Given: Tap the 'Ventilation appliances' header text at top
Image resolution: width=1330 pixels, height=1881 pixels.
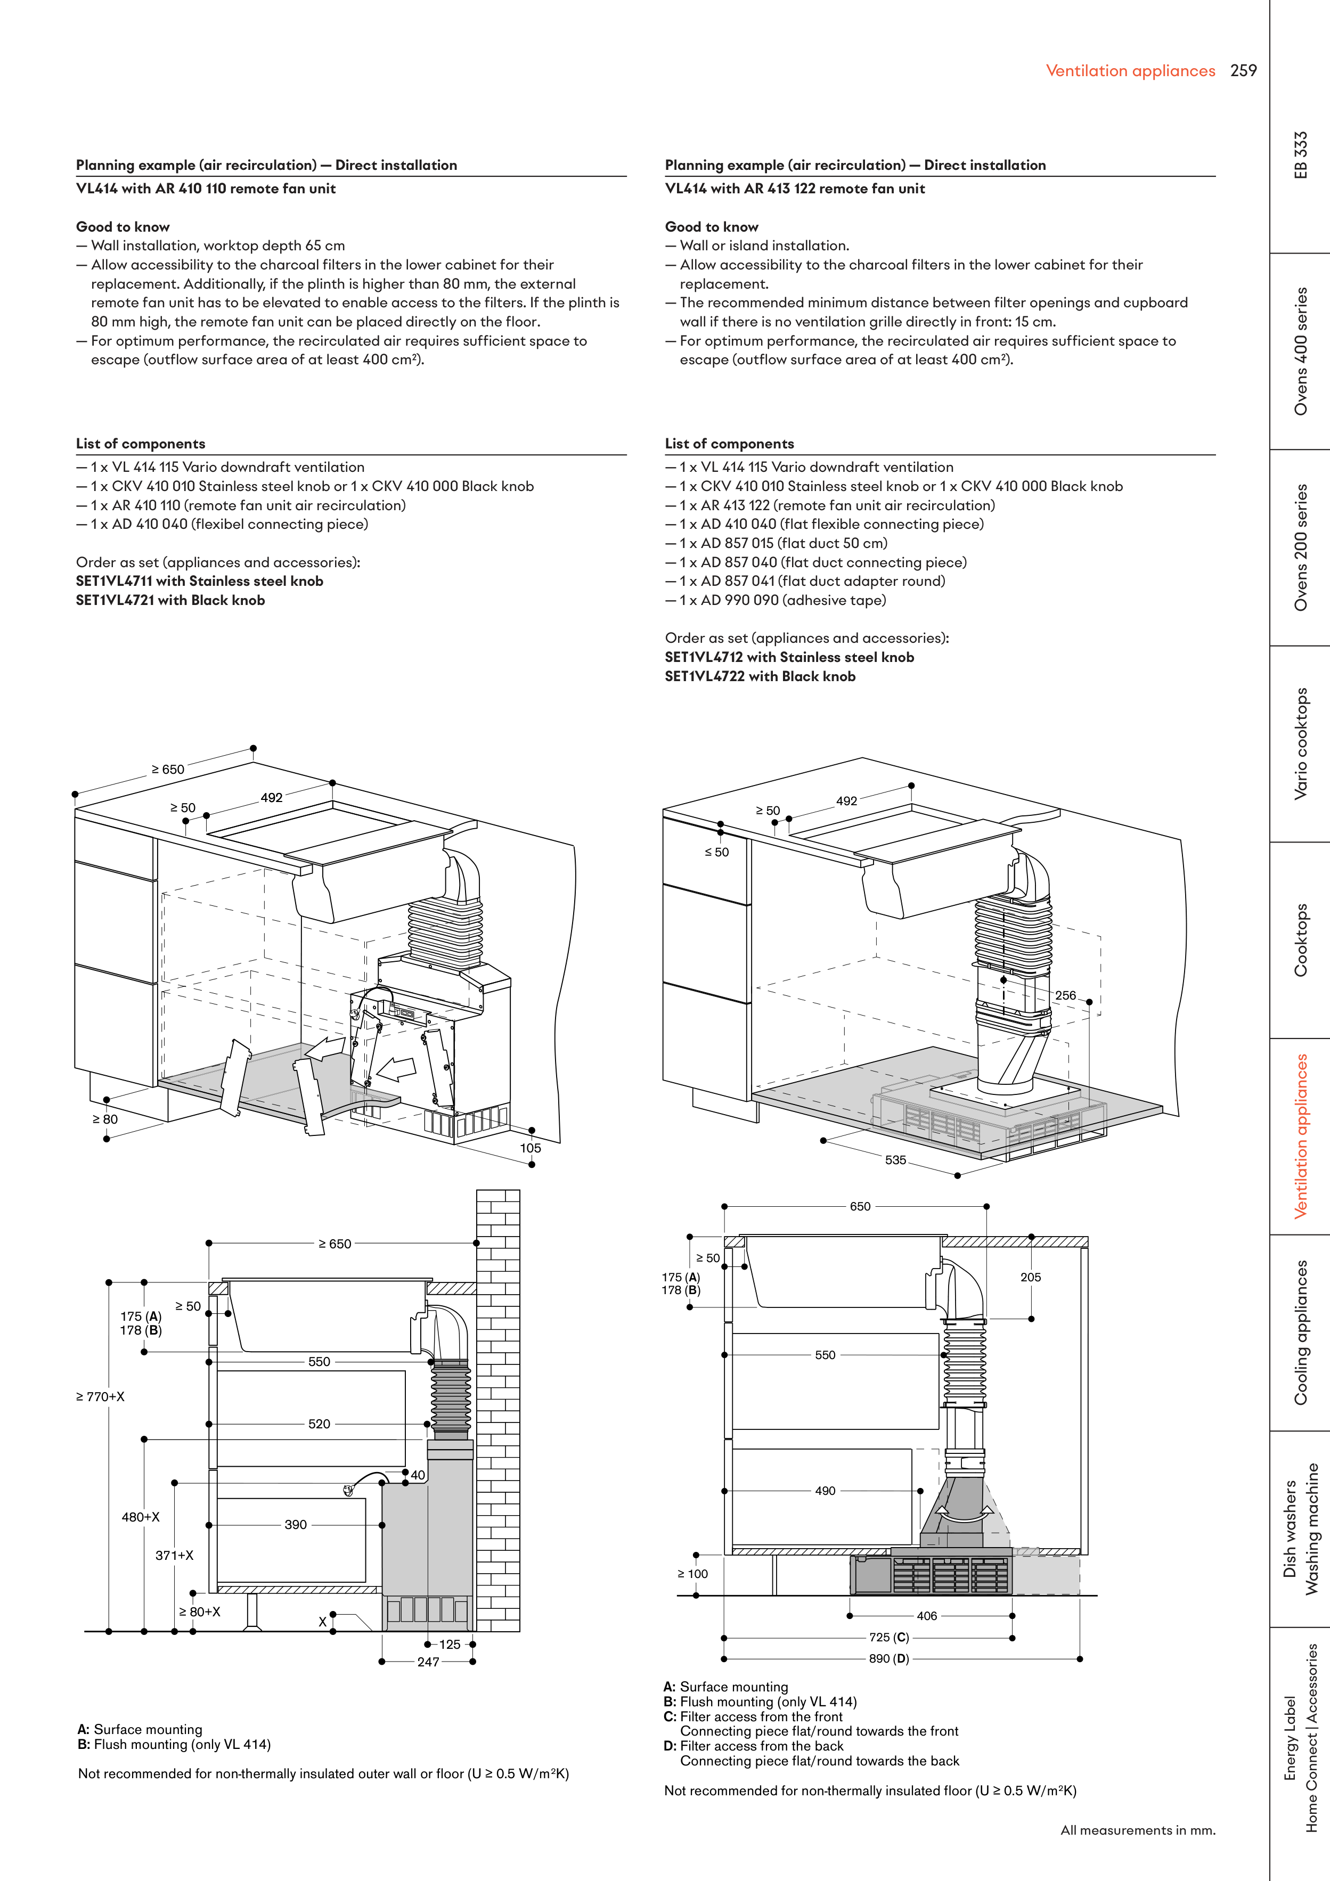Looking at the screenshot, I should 1130,71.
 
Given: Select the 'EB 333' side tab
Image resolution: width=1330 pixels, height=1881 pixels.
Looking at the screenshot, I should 1301,155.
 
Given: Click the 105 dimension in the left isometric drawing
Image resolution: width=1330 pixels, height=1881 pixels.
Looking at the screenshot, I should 530,1148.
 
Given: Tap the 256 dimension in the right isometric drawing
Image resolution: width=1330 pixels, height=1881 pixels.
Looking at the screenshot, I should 1065,995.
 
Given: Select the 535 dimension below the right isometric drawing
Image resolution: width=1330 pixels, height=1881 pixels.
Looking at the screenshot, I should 896,1160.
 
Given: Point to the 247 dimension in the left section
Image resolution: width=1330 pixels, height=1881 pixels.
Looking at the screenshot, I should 428,1662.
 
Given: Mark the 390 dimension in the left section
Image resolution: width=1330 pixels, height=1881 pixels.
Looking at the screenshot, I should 296,1525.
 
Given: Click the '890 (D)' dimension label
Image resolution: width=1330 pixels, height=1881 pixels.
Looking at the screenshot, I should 889,1659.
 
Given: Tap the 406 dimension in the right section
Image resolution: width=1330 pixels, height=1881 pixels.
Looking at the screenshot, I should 927,1616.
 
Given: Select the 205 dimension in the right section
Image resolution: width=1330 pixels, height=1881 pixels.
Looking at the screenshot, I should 1031,1277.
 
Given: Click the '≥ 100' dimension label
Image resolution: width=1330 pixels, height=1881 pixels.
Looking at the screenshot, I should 692,1574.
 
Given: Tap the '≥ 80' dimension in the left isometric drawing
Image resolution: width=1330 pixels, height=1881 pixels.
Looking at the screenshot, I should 105,1119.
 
